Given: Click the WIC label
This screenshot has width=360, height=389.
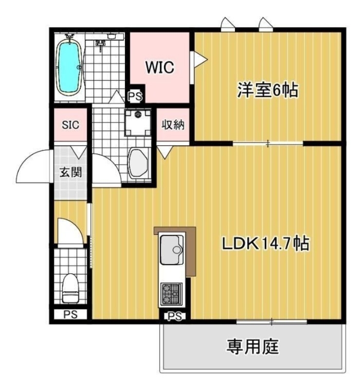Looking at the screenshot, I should [x=159, y=68].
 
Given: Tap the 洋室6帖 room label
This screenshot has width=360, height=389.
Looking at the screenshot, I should [x=267, y=90].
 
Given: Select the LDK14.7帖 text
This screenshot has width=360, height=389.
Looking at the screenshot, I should [x=266, y=244].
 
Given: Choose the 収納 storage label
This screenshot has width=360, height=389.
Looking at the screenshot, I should [x=172, y=124].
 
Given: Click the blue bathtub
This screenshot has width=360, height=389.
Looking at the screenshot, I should [x=69, y=67].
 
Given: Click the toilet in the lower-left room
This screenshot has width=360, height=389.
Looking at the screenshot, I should [x=71, y=287].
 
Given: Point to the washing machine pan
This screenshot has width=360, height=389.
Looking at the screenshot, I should [x=138, y=122].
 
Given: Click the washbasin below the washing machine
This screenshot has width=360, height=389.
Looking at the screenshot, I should [x=139, y=162].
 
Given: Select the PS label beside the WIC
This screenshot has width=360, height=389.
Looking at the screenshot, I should [x=135, y=97].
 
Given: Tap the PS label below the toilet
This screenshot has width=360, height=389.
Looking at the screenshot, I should [x=70, y=315].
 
